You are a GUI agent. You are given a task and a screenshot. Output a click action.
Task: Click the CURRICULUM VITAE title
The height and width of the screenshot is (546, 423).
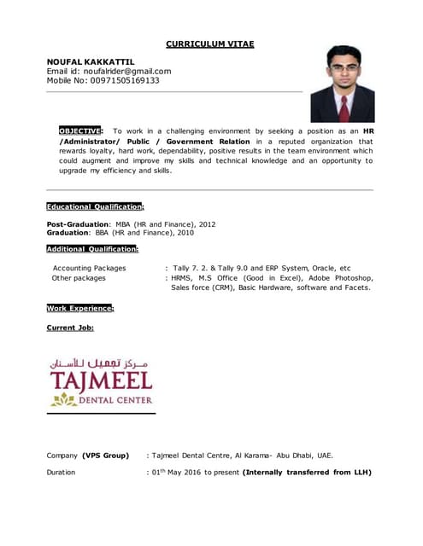[x=209, y=44]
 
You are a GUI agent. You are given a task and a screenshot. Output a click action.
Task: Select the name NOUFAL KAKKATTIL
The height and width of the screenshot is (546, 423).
[x=90, y=61]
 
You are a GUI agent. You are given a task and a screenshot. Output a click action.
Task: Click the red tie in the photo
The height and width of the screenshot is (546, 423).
[x=344, y=107]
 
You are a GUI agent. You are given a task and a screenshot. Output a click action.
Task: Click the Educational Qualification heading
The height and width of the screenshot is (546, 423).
[x=95, y=206]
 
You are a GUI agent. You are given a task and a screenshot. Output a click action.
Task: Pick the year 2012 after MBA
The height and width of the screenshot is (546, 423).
[x=206, y=224]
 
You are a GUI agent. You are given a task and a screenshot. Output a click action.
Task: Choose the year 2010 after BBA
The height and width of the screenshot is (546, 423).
[x=185, y=232]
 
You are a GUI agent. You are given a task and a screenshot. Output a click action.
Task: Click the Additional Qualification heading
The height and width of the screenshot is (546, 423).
[x=92, y=248]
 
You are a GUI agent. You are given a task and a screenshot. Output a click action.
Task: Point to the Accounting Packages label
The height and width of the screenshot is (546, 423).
[x=89, y=268]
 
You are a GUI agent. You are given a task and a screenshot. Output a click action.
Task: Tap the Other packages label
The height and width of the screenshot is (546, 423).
[x=79, y=278]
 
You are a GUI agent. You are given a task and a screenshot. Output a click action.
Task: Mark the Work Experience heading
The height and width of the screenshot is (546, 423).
[x=79, y=308]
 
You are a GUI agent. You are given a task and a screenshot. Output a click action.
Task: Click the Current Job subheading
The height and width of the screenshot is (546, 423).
[x=70, y=328]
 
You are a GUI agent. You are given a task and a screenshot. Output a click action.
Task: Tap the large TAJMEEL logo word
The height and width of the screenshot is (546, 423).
[x=100, y=379]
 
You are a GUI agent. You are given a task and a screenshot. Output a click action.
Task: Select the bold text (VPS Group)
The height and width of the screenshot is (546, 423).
[x=105, y=455]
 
